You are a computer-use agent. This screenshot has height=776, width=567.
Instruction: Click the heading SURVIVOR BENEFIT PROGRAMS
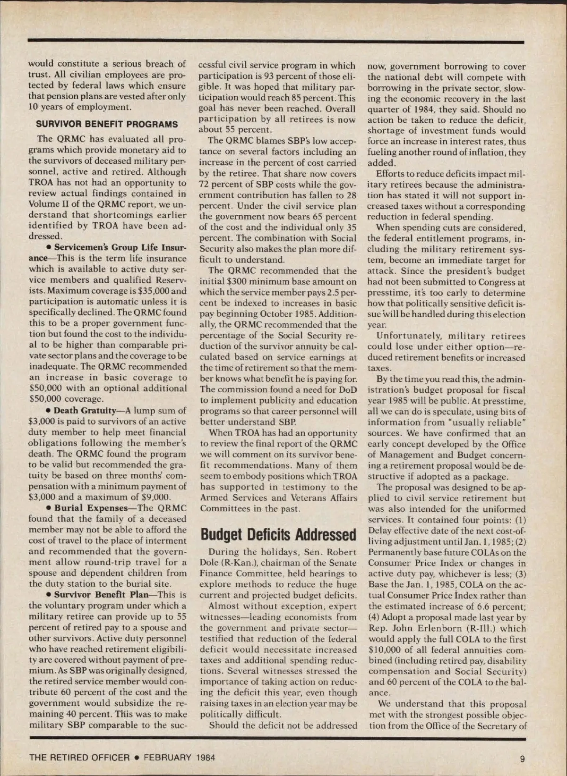(107, 125)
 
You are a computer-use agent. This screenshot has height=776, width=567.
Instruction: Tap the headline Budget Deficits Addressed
(278, 535)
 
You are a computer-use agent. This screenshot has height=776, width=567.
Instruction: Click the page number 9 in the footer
(522, 759)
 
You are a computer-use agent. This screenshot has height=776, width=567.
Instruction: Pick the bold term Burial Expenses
(91, 508)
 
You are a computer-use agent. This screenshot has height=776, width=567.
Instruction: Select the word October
(286, 314)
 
